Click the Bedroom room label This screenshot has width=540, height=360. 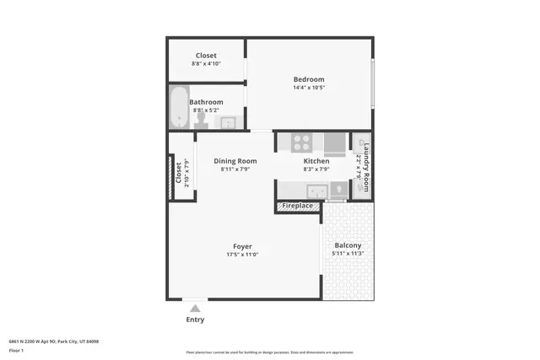(308, 79)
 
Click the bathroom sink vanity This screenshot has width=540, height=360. (229, 123)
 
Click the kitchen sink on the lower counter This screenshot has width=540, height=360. (336, 191)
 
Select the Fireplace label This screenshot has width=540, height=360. (297, 206)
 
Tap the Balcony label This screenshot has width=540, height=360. (347, 245)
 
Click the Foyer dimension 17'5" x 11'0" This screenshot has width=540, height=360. (241, 255)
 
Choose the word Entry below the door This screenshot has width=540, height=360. (194, 320)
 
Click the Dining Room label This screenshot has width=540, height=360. (235, 161)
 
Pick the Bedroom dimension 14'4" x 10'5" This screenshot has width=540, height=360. (308, 88)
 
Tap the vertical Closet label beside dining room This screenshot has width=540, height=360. (178, 175)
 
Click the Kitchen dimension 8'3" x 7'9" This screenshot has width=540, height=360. (321, 169)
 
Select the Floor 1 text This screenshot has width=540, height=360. (17, 350)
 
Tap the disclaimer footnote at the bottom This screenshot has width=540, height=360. (270, 352)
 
